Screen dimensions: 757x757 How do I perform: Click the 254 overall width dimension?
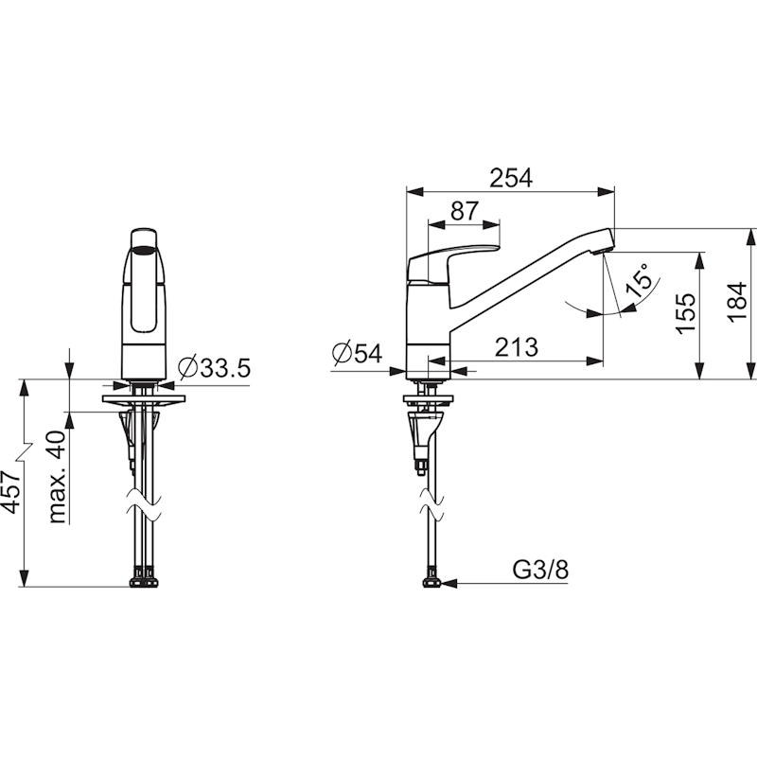(x=511, y=178)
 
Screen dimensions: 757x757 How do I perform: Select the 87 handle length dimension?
(x=465, y=210)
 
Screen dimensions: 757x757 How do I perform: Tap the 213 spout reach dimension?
(x=516, y=347)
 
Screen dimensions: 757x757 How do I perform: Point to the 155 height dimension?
(x=685, y=313)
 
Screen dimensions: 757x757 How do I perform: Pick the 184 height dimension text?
(x=737, y=302)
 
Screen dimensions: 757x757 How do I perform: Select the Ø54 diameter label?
(x=358, y=353)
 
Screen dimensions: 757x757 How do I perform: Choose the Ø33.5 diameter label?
(x=215, y=368)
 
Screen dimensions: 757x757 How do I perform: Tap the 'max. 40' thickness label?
(x=57, y=477)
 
